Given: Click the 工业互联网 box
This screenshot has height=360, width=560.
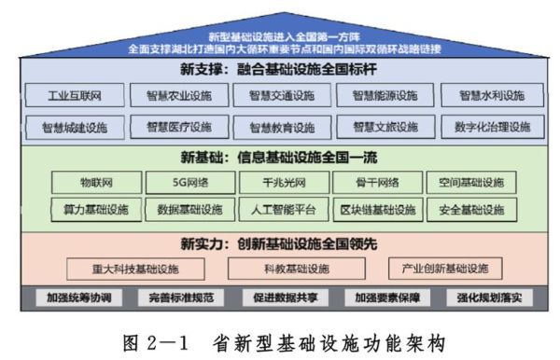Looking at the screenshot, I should tap(75, 95).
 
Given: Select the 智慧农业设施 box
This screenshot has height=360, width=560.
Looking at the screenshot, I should tap(178, 95).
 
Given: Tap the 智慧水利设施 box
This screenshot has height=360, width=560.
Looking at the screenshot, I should tap(492, 95).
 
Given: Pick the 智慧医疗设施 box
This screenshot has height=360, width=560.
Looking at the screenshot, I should tap(178, 126).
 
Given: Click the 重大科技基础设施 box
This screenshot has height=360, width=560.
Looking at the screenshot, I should tap(135, 269).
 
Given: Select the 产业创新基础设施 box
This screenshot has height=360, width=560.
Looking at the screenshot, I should tap(438, 269).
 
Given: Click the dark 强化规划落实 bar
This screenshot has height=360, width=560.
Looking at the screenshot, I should tap(490, 298).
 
